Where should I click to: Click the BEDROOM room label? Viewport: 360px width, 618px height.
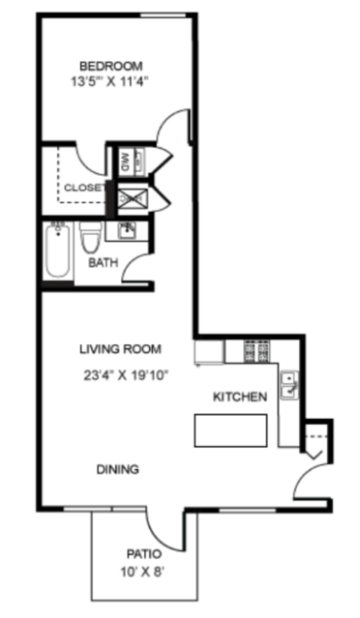pos(110,66)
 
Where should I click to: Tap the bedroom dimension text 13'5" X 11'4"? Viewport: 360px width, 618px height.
pos(110,82)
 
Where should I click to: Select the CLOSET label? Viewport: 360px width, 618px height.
pos(84,188)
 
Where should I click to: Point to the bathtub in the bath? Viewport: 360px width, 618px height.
pos(58,250)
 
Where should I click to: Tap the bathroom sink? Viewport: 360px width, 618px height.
pos(127,230)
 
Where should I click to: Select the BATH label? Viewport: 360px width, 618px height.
pos(103,262)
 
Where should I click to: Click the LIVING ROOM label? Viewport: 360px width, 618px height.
pos(120,349)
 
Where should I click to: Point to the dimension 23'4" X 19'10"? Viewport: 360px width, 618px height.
pos(126,375)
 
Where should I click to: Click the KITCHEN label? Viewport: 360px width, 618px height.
pos(240,397)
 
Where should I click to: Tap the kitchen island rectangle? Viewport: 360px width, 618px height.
pos(230,430)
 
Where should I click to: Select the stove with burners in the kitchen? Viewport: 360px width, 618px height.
pos(257,351)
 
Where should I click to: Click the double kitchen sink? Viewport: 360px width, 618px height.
pos(289,385)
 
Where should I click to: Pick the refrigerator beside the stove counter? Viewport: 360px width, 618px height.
pos(209,352)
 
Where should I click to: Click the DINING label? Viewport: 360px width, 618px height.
pos(118,469)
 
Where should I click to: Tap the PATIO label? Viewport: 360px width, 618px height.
pos(144,554)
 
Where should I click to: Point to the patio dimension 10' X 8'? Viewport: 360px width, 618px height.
pos(142,572)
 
